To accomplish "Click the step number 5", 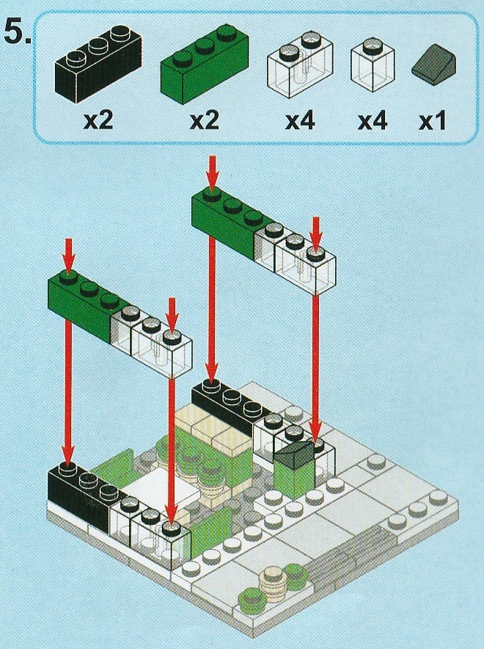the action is tap(17, 32).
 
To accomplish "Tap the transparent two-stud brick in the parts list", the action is tap(301, 65).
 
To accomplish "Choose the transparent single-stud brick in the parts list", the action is tap(373, 65).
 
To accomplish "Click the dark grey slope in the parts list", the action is tap(434, 65).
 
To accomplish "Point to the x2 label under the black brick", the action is tap(98, 121).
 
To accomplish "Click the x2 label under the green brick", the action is tap(204, 121).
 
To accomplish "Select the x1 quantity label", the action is tap(433, 122).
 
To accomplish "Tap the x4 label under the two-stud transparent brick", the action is tap(300, 121).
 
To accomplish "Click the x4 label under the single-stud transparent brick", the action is tap(373, 121).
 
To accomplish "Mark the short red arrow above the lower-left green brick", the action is tap(68, 256).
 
